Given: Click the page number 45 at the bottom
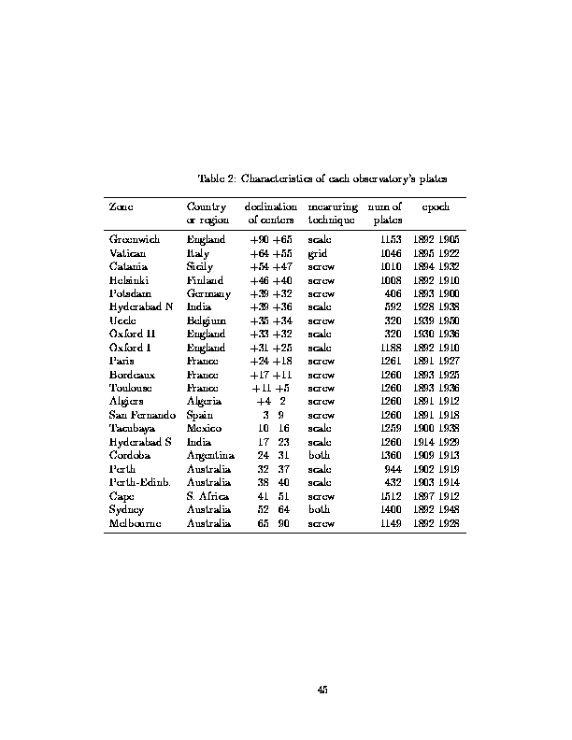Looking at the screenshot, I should pos(322,690).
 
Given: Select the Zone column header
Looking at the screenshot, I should pos(120,206).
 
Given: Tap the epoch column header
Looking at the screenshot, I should pos(436,206).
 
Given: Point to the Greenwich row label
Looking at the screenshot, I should pos(135,240).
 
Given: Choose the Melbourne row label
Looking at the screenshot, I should pos(135,524).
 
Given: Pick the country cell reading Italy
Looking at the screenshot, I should pos(198,253).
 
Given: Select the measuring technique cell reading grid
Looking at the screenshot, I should pos(317,253).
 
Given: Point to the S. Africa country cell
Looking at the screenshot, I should pos(207,497).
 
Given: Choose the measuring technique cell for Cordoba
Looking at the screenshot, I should pos(319,457).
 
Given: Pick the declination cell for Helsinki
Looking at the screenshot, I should pos(271,280).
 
